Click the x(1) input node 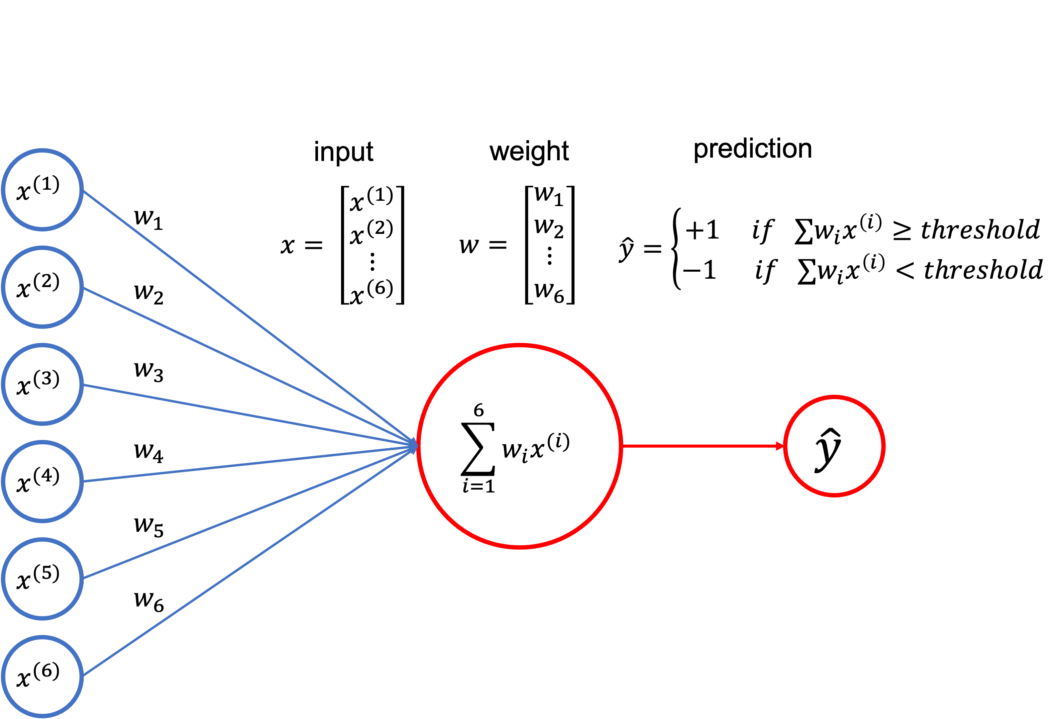42,190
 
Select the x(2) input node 42,287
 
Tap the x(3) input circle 42,384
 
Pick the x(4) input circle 42,481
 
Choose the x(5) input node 42,579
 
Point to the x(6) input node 42,676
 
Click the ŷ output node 834,446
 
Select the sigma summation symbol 478,449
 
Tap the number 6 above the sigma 479,410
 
